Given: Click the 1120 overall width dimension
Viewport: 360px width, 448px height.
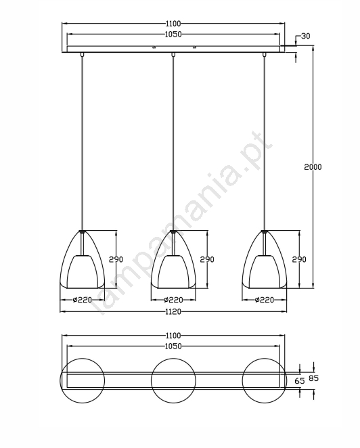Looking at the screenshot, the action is (x=173, y=311).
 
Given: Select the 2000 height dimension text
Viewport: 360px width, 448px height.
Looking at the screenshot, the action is (x=313, y=167).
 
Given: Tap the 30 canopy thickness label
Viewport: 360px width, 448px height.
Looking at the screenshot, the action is (x=305, y=37).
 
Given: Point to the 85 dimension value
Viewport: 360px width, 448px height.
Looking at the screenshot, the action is (x=314, y=378).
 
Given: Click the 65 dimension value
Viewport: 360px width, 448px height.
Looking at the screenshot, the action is (x=300, y=381).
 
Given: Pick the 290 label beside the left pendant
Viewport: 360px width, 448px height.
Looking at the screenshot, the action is (x=116, y=259).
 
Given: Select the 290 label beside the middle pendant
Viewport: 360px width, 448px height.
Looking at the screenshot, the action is (x=207, y=259).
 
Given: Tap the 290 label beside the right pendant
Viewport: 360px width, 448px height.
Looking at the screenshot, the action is (x=299, y=259).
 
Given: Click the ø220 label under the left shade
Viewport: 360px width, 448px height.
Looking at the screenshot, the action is (x=83, y=300).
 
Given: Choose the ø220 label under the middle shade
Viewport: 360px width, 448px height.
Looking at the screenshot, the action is (x=173, y=300).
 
